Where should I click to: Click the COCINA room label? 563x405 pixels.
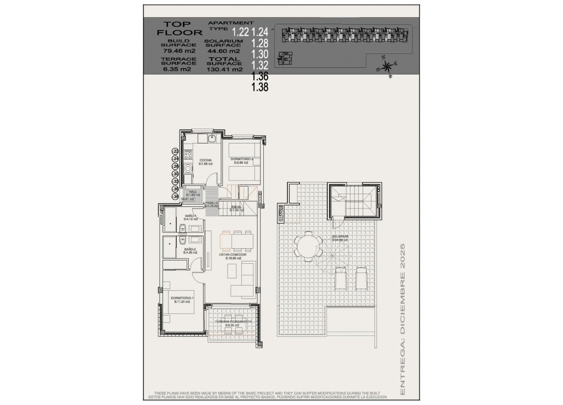pyautogui.click(x=205, y=161)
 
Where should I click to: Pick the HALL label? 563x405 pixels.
pyautogui.click(x=192, y=192)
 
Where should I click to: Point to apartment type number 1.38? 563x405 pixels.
pyautogui.click(x=259, y=87)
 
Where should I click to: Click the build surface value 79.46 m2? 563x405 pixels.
pyautogui.click(x=178, y=50)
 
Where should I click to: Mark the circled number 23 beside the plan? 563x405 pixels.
pyautogui.click(x=176, y=151)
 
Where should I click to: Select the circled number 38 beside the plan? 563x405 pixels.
pyautogui.click(x=176, y=196)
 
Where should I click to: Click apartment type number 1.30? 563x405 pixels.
pyautogui.click(x=259, y=54)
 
